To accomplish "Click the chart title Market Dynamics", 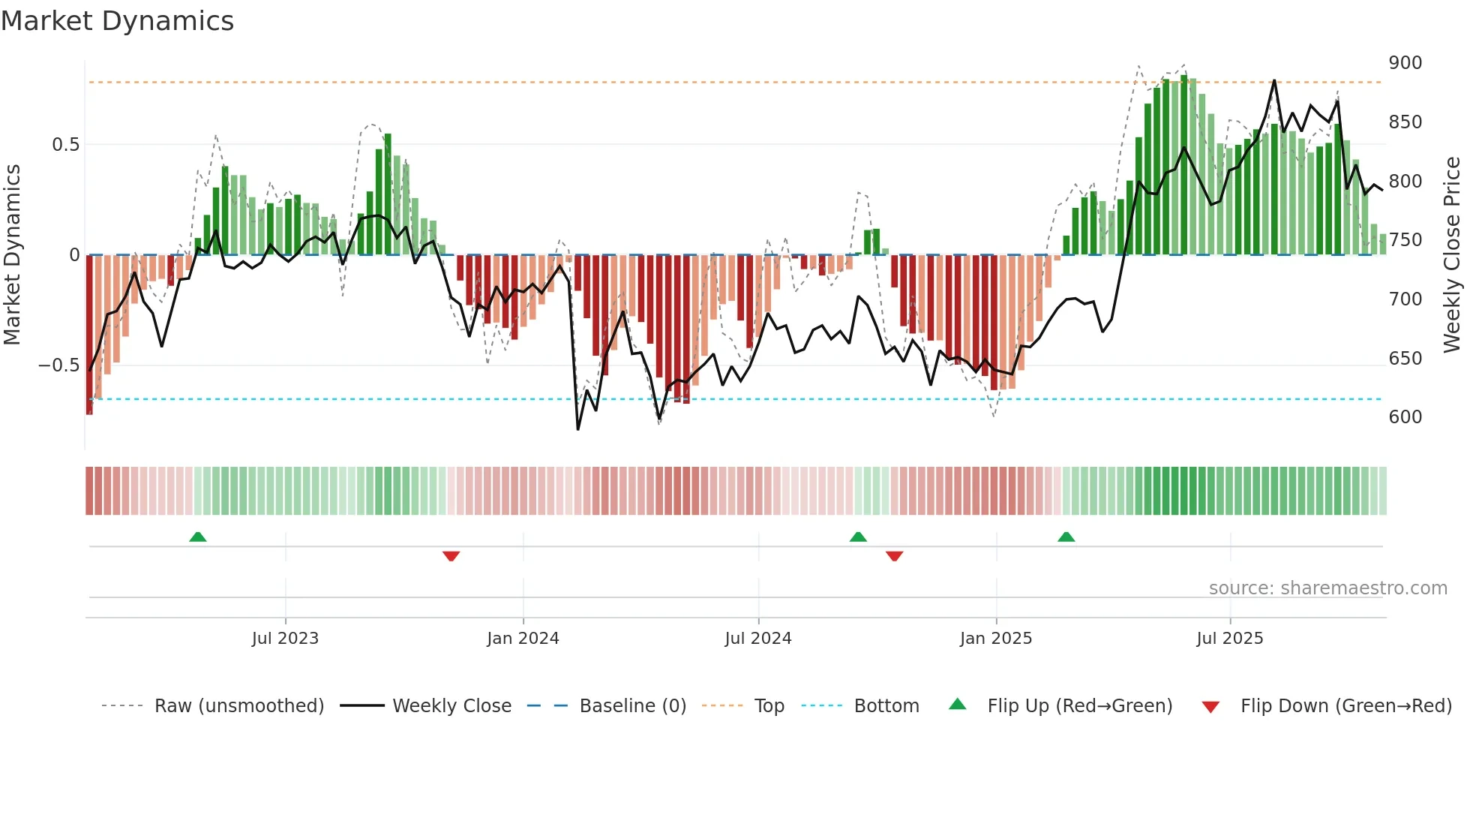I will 118,21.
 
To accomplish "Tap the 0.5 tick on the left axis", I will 65,145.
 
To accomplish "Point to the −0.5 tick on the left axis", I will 58,366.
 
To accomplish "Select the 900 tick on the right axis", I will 1405,63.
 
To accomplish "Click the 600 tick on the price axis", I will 1405,417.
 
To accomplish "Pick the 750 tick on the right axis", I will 1405,240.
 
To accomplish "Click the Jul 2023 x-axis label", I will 285,639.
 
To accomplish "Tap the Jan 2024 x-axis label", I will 523,639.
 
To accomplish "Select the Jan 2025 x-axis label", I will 996,639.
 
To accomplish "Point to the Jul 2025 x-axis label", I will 1230,639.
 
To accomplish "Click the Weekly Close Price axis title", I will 1452,255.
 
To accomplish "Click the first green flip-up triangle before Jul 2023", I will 198,537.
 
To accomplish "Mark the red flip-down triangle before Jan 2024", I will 451,556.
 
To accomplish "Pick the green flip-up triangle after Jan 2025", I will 1066,537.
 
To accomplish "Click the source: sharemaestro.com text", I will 1327,588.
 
